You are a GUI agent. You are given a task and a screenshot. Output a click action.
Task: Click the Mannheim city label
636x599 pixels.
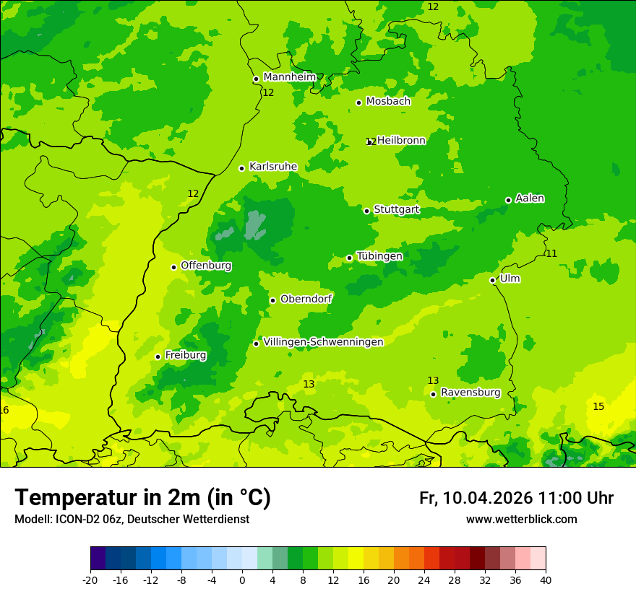(x=289, y=77)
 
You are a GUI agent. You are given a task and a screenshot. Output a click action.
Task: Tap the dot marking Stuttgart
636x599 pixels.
(x=367, y=211)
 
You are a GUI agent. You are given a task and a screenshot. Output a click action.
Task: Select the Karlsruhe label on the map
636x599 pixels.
(x=272, y=167)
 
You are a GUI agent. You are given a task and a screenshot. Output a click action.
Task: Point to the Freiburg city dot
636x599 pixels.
(x=158, y=357)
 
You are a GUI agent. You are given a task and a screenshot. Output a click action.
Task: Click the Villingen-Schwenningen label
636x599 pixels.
(x=323, y=342)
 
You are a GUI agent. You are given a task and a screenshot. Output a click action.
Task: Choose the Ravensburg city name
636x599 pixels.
(x=470, y=393)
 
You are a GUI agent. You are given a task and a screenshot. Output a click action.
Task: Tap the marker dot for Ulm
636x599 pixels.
(x=493, y=280)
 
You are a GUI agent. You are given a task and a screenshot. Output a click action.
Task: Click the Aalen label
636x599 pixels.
(x=529, y=198)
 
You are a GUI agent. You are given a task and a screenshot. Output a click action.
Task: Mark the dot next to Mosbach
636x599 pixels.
(x=358, y=102)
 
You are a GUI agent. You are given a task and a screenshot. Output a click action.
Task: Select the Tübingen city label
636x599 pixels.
(x=379, y=256)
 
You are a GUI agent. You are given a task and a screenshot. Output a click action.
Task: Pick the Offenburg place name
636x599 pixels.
(x=206, y=266)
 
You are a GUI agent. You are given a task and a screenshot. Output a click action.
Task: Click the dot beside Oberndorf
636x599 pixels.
(x=272, y=300)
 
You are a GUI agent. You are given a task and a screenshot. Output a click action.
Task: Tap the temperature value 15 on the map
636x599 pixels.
(x=598, y=407)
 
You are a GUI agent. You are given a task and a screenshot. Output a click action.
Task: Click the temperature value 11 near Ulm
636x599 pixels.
(x=551, y=253)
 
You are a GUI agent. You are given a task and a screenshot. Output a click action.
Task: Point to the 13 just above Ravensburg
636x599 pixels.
(x=433, y=380)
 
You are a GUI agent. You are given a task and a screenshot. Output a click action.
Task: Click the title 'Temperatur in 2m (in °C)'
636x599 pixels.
(x=142, y=497)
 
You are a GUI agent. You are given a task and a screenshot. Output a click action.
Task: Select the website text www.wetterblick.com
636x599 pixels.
(x=521, y=520)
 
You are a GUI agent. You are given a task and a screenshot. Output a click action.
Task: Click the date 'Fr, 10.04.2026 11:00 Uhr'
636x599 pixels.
(x=516, y=498)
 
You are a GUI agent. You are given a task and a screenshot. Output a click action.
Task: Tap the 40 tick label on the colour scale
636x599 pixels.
(x=546, y=580)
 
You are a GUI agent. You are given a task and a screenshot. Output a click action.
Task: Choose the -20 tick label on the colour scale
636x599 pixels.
(x=90, y=580)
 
